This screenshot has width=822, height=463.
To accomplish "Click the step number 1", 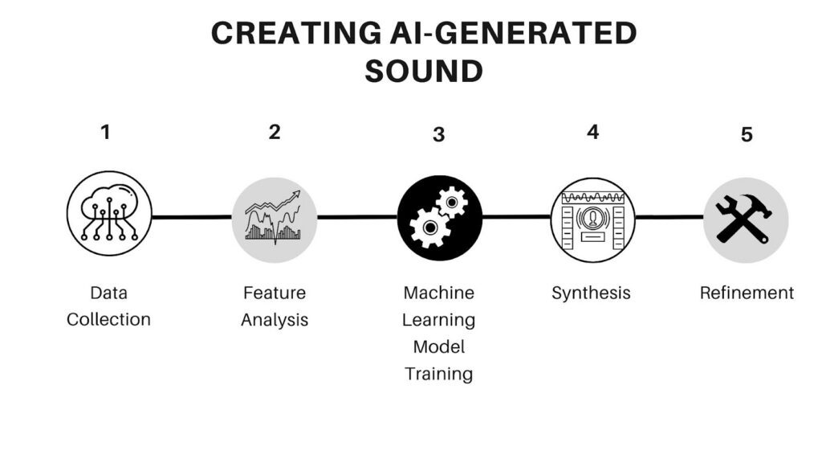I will [x=105, y=132].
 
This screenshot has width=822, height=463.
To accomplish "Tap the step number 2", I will [x=275, y=132].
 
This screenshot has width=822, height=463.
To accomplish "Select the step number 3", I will [x=438, y=134].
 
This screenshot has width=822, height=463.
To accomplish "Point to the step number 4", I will [x=592, y=132].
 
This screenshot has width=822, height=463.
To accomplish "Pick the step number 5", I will [x=747, y=134].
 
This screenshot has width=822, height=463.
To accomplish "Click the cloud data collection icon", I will [x=108, y=215].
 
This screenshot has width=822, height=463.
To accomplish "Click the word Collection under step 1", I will [x=108, y=319].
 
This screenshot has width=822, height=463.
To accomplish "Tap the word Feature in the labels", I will [x=275, y=293].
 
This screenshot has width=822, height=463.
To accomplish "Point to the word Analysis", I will [x=275, y=319].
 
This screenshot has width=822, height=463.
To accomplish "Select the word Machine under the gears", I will [x=438, y=293].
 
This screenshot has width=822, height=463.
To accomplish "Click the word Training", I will [x=438, y=374].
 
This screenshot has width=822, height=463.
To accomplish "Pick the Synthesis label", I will [x=591, y=293].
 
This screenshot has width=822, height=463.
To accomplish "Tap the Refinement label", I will [x=747, y=293].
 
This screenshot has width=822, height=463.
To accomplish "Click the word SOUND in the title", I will [x=423, y=71].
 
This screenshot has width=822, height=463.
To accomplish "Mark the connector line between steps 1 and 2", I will [x=191, y=216].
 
